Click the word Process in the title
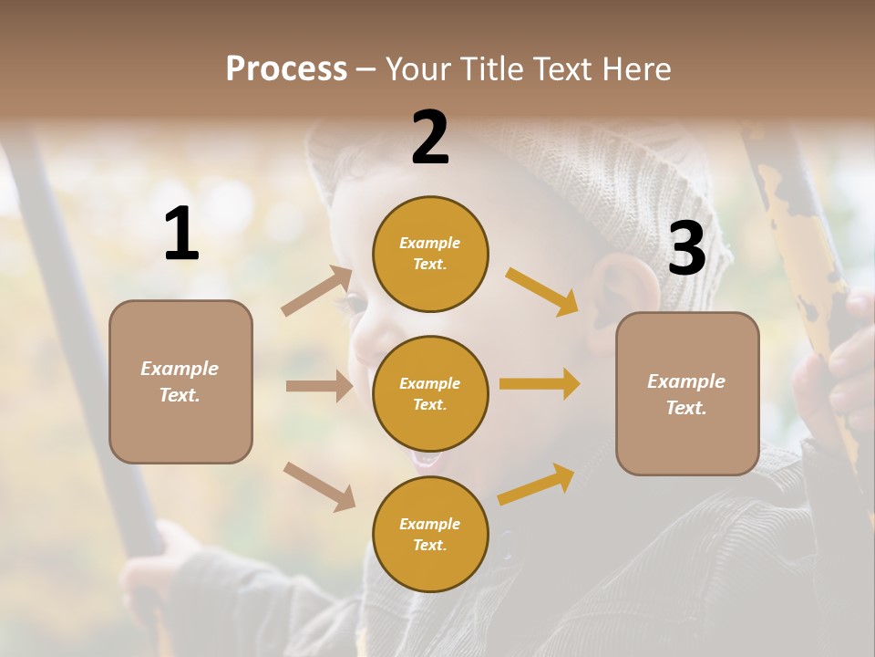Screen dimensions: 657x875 286,69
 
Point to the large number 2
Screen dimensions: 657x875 430,138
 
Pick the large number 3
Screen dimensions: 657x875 686,249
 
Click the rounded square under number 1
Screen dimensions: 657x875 180,381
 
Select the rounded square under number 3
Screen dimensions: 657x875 687,394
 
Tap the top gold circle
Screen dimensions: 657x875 430,254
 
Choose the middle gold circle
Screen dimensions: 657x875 430,393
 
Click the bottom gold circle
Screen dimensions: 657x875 430,534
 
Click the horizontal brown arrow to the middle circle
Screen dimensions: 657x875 319,386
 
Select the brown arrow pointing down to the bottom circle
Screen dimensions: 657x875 320,485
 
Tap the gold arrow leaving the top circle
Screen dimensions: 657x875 542,291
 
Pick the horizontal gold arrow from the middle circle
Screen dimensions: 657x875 540,383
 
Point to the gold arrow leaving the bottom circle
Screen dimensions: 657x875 537,484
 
